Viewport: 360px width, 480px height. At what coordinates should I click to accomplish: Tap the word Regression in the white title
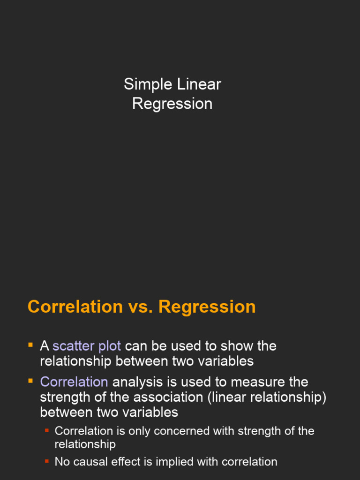(172, 104)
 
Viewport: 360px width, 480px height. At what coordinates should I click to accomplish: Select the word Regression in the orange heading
(207, 307)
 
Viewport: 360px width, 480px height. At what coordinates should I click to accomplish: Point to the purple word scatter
(73, 346)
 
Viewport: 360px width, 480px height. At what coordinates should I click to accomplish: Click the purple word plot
(109, 346)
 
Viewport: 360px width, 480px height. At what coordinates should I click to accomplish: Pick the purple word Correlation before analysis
(74, 382)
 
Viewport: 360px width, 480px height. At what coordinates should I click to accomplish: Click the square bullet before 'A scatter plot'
(30, 345)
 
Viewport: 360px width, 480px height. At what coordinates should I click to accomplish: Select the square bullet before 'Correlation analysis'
(30, 381)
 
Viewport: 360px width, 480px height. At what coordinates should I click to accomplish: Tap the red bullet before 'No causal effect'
(47, 461)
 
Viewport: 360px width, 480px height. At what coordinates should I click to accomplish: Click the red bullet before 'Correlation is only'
(47, 430)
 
